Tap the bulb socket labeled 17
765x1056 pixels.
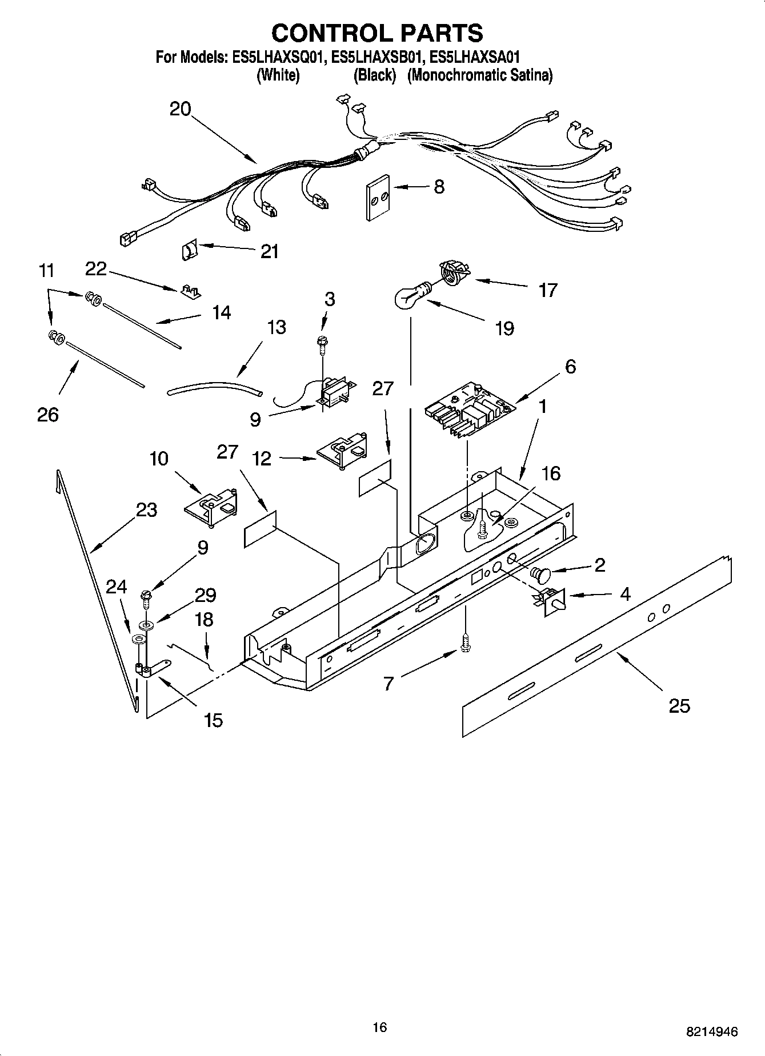(453, 271)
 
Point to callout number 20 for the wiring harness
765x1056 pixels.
(180, 109)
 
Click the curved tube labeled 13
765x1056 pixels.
(214, 389)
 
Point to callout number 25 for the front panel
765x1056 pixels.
(679, 706)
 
